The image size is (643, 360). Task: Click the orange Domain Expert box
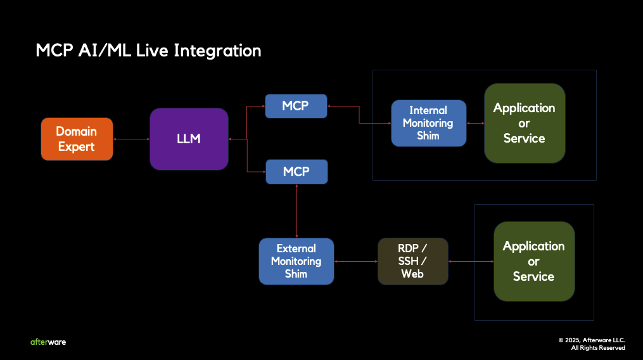click(x=77, y=139)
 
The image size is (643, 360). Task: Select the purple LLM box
click(x=189, y=139)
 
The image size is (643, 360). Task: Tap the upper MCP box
click(x=296, y=106)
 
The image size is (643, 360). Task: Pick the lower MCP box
click(x=296, y=172)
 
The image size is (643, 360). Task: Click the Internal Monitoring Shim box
click(x=428, y=123)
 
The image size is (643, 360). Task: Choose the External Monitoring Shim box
click(x=296, y=261)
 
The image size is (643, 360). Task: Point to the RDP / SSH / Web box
click(x=413, y=261)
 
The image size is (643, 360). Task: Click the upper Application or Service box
click(x=524, y=123)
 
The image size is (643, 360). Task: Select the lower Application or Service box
click(x=533, y=261)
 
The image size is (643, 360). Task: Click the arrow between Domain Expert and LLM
click(x=131, y=139)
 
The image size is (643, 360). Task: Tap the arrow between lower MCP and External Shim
click(x=296, y=211)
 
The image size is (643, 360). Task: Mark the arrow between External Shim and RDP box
click(x=355, y=261)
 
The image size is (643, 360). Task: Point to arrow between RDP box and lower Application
click(x=471, y=261)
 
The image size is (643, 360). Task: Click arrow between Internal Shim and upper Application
click(x=475, y=123)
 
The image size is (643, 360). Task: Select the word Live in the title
click(x=152, y=51)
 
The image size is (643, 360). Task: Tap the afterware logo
click(x=48, y=342)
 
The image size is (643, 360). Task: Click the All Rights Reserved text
click(x=598, y=348)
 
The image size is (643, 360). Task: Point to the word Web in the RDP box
click(x=413, y=274)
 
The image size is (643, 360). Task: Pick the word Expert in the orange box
click(x=77, y=146)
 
